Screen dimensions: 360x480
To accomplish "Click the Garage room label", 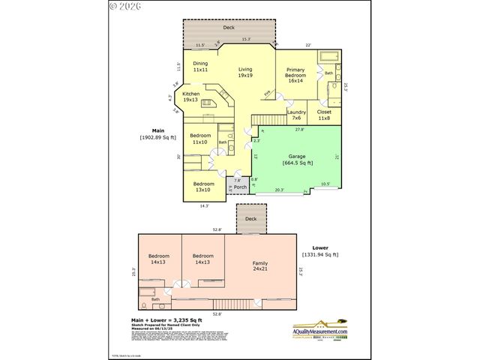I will click(298, 157).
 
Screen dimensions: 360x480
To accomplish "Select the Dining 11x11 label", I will click(200, 67).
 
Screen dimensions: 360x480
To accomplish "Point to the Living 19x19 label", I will click(245, 73).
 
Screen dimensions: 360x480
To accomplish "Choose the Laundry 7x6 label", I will click(296, 115).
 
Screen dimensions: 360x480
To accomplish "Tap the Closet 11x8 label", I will click(324, 115).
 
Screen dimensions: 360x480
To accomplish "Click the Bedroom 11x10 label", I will click(199, 139).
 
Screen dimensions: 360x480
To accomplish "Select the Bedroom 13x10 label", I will click(204, 186).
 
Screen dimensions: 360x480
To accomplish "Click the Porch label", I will click(240, 187).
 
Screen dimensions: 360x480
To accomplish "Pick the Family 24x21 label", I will click(260, 265).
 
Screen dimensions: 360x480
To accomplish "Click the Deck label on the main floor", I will click(229, 27).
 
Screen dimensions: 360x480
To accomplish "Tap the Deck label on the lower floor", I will click(250, 220).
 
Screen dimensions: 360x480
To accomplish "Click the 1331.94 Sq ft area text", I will click(320, 254).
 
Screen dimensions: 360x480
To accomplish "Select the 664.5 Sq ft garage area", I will click(298, 163).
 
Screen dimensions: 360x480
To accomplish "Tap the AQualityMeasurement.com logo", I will click(321, 330).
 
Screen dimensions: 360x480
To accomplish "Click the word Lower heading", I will click(321, 247).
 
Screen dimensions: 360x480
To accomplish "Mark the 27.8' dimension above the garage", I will click(300, 130).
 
